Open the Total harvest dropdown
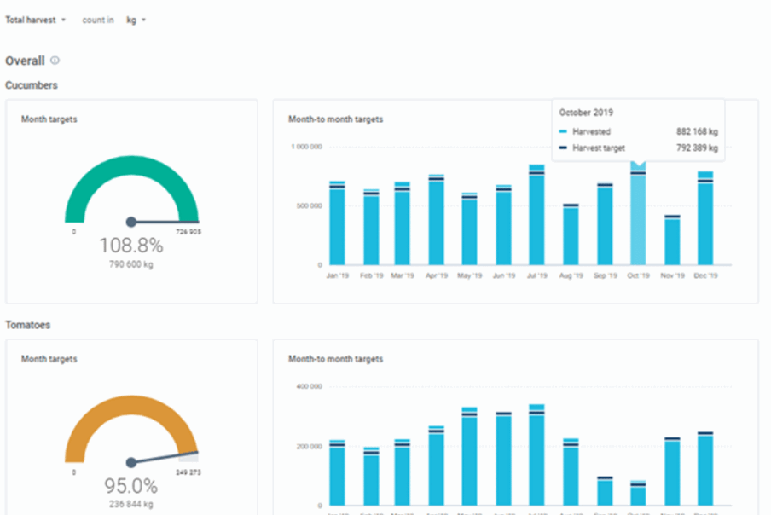(36, 20)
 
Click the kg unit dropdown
(136, 20)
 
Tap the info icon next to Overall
(55, 61)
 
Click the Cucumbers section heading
(32, 85)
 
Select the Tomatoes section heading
(29, 325)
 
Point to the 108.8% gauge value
(130, 246)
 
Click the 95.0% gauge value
(130, 486)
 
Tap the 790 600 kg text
(130, 264)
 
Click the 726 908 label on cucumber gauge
(188, 232)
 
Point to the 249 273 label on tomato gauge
(188, 472)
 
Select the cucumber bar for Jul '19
(536, 217)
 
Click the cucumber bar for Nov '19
(672, 241)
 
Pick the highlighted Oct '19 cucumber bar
(638, 217)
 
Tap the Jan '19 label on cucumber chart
(338, 275)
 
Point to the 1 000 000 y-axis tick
(305, 147)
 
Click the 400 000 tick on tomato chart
(308, 386)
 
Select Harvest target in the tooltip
(598, 148)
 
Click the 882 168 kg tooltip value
(695, 131)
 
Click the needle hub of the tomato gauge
(130, 463)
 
